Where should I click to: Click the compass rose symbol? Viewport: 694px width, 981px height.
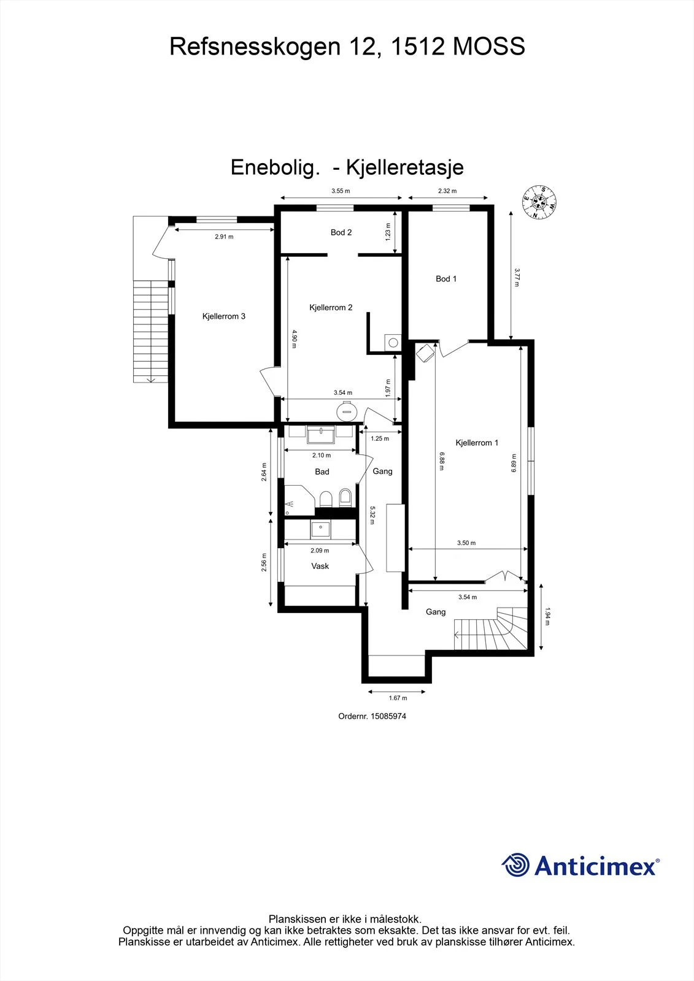point(539,202)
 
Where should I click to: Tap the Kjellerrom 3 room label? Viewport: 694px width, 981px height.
point(223,316)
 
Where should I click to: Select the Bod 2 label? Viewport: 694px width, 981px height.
point(341,232)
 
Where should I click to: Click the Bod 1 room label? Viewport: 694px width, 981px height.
point(446,279)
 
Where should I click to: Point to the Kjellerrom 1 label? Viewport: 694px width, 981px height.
point(477,443)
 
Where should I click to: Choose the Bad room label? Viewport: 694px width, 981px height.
point(322,471)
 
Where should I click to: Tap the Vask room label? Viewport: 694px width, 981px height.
point(320,567)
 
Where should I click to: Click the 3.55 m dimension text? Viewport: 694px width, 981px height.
point(341,191)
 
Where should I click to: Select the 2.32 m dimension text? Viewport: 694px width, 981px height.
point(447,191)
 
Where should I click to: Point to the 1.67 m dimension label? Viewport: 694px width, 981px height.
point(398,698)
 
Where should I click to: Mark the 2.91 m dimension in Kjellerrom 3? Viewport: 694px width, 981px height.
point(224,237)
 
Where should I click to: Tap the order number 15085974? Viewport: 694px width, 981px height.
point(388,717)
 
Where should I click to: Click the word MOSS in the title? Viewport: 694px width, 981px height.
point(489,47)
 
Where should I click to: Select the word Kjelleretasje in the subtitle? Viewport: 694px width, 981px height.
point(405,167)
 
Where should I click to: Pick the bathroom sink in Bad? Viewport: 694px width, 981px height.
point(321,435)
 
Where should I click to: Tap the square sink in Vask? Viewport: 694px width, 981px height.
point(320,530)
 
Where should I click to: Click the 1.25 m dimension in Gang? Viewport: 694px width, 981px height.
point(380,438)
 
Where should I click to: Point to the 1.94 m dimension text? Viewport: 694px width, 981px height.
point(547,616)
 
